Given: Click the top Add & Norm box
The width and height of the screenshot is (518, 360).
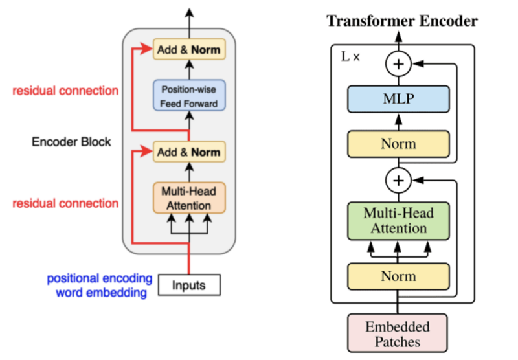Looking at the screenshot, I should pyautogui.click(x=188, y=49).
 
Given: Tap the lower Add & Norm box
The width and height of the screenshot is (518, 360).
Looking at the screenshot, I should pyautogui.click(x=188, y=152).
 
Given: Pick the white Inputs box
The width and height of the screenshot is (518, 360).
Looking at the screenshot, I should pyautogui.click(x=188, y=285).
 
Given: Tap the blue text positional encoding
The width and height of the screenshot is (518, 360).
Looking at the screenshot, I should pyautogui.click(x=99, y=278).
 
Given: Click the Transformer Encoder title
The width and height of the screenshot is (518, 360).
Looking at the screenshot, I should pyautogui.click(x=401, y=21).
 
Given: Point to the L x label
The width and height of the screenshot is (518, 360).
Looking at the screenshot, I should pyautogui.click(x=350, y=57).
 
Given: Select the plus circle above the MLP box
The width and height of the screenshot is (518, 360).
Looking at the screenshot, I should pyautogui.click(x=398, y=64).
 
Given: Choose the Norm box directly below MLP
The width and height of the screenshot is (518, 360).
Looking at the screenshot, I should pyautogui.click(x=398, y=144).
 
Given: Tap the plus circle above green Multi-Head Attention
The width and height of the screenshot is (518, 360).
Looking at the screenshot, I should pyautogui.click(x=398, y=181).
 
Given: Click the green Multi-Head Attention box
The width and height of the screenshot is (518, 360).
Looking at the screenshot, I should pyautogui.click(x=398, y=220).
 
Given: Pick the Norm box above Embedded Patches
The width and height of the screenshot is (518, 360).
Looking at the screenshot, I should pyautogui.click(x=398, y=276).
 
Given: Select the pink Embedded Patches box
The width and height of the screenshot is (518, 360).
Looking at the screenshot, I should pyautogui.click(x=398, y=333).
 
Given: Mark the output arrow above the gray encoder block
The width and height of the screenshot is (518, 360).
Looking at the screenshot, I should pyautogui.click(x=189, y=17).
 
